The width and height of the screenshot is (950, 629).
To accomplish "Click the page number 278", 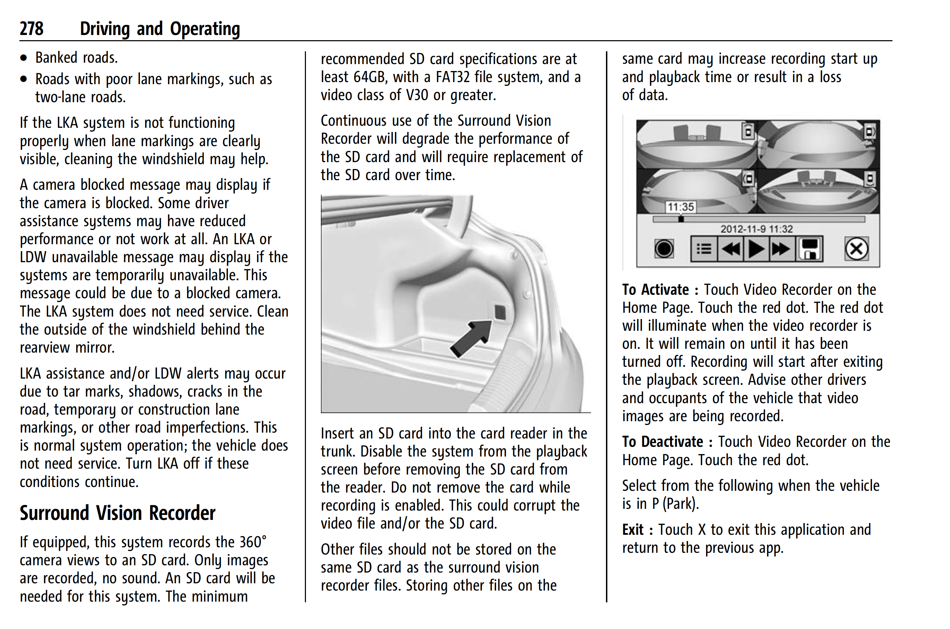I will point(31,29).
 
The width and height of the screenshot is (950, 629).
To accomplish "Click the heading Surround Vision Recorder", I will point(117,513).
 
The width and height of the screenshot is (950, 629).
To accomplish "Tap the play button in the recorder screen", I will point(756,249).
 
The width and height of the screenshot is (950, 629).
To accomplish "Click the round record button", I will point(664,249).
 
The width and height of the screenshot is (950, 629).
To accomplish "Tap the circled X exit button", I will point(856,249).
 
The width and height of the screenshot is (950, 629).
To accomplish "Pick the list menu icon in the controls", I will point(704,249).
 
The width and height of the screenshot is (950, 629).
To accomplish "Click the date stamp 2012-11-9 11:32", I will point(756,229).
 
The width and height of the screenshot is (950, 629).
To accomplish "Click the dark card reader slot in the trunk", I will point(500,312).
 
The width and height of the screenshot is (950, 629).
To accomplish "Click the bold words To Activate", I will point(655,290).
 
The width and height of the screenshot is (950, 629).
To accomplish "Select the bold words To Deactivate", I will point(662,442).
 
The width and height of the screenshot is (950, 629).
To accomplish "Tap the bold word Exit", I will point(633,530).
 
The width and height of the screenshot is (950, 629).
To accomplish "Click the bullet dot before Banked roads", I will point(24,58).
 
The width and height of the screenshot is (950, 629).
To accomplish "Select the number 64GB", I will point(369,77).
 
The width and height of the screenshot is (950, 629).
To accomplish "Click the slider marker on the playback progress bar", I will point(681,219).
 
